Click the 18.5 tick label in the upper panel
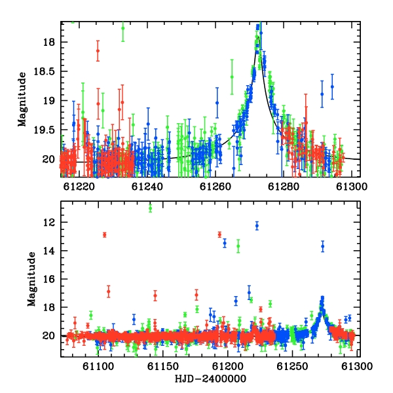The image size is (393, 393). click(45, 71)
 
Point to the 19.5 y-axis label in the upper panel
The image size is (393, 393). click(45, 130)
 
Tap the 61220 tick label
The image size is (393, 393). click(79, 187)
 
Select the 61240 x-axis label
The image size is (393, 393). click(147, 187)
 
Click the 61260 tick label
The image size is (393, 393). click(215, 187)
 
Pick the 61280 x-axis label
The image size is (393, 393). click(284, 187)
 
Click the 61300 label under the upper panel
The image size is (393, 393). click(352, 187)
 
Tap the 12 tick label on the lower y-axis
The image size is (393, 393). click(49, 222)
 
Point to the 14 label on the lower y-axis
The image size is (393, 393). click(49, 251)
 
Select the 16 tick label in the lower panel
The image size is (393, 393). click(49, 279)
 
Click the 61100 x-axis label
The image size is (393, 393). click(98, 367)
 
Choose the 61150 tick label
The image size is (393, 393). click(163, 367)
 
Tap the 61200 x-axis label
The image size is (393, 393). click(227, 367)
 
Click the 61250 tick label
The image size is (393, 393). click(292, 367)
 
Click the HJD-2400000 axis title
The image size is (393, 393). click(210, 379)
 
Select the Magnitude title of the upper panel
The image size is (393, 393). click(22, 100)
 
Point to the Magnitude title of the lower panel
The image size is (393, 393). click(31, 279)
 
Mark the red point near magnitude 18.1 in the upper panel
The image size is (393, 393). click(98, 50)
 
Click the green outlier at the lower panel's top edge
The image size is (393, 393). click(151, 208)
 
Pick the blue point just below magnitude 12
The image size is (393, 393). click(257, 226)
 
